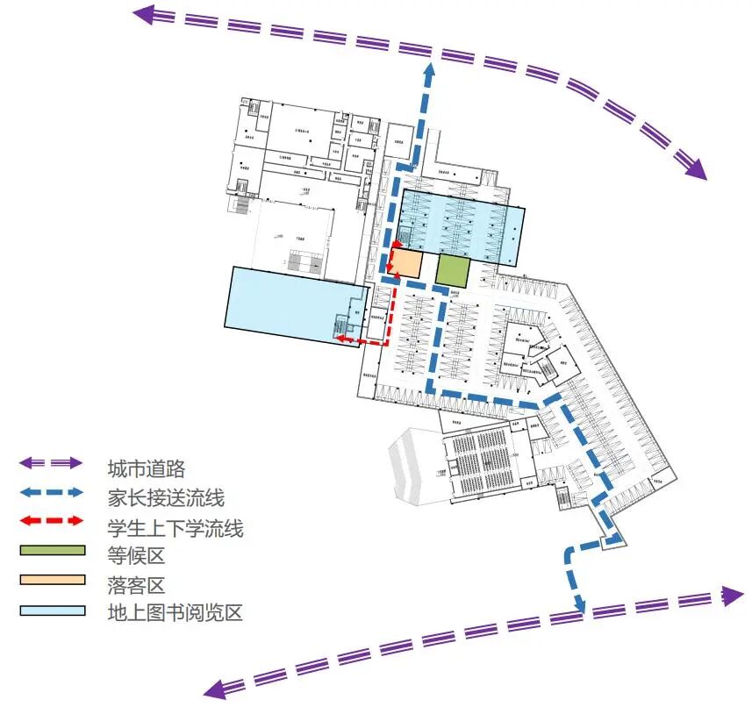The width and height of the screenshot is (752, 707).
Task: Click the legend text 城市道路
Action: coord(146,468)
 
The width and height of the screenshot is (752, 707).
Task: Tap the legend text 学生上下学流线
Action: coord(175,528)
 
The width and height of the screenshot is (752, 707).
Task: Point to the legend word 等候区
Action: coord(136,556)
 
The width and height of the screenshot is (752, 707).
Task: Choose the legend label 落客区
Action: coord(136,584)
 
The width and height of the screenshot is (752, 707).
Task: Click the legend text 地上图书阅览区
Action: coord(175,612)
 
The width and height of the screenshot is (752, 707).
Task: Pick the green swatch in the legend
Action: coord(52,551)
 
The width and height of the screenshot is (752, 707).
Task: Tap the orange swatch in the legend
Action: coord(52,580)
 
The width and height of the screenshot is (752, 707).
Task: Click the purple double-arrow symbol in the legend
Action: coord(52,463)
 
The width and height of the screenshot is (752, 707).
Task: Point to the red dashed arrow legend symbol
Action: coord(52,522)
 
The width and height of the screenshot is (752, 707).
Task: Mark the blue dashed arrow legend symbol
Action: coord(52,492)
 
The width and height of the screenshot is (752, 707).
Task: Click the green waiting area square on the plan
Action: coord(453,270)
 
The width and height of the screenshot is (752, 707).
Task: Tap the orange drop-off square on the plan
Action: coord(405,264)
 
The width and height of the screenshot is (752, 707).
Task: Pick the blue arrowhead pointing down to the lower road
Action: coord(579,605)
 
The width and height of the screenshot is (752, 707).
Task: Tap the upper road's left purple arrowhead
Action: coord(143,12)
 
